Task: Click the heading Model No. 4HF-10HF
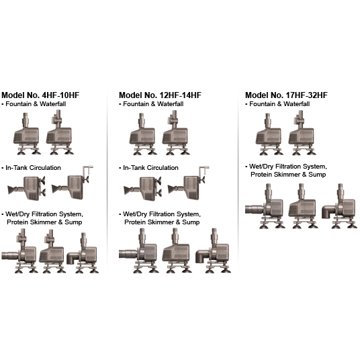[40, 95]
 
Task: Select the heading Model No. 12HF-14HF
[160, 95]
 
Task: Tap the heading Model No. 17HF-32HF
[286, 95]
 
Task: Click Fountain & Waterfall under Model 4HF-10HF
[36, 104]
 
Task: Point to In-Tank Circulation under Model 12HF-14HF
[150, 168]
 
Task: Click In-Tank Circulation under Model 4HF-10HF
[33, 168]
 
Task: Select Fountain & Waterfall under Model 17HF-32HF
[279, 104]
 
